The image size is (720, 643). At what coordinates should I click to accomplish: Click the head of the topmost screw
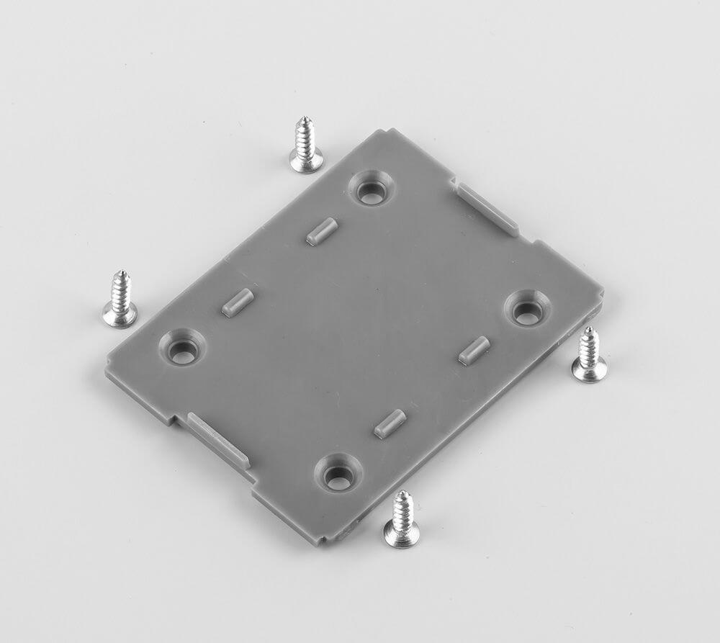click(x=306, y=161)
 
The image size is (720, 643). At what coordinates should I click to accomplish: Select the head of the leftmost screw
click(x=120, y=314)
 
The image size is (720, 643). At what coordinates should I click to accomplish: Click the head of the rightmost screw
click(x=589, y=370)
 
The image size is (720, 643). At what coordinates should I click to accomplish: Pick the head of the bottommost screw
click(x=401, y=534)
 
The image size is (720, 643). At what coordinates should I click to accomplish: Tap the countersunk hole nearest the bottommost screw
click(x=338, y=474)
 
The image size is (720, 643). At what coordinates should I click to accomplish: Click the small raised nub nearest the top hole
click(x=322, y=232)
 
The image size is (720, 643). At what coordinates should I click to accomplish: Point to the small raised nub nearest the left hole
click(x=238, y=302)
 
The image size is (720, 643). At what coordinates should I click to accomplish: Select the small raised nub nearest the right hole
click(x=474, y=350)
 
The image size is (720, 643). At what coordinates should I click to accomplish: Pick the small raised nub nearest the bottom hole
click(x=390, y=423)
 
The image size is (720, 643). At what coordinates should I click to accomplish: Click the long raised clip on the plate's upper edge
click(x=488, y=209)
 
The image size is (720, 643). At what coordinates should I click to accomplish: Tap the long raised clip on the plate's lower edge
click(x=218, y=439)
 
